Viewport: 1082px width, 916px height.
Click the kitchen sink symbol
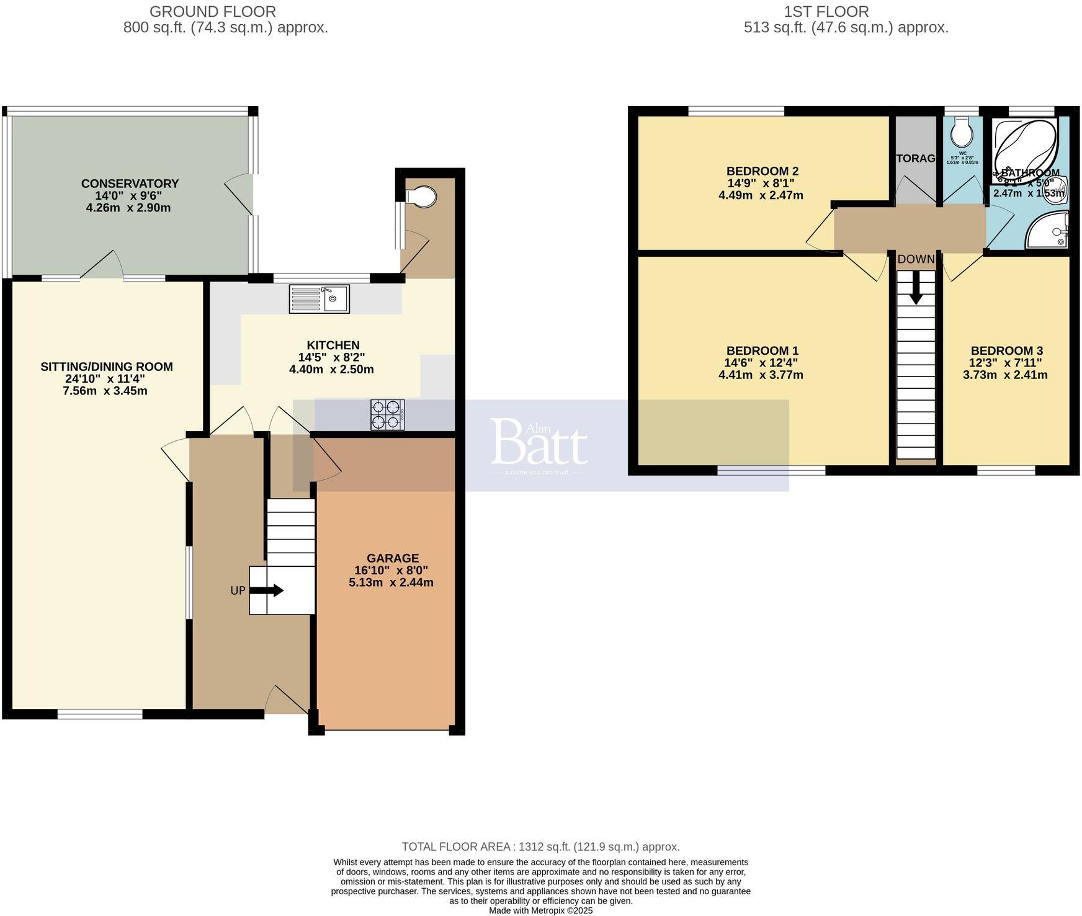tap(320, 298)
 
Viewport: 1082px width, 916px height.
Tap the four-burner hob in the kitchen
tap(388, 414)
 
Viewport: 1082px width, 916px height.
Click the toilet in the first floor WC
tap(962, 131)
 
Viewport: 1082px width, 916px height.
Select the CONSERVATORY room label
tap(130, 184)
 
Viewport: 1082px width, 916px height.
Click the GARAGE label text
tap(392, 558)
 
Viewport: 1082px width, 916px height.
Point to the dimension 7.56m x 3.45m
tap(105, 391)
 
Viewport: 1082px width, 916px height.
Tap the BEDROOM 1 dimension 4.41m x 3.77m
tap(761, 375)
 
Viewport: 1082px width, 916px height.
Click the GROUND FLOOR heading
tap(213, 11)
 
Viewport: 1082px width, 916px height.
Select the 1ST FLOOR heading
tap(826, 11)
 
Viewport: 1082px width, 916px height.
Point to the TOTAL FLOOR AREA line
tap(540, 847)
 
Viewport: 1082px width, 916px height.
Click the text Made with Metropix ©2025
tap(540, 910)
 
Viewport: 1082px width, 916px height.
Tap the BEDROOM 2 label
tap(762, 171)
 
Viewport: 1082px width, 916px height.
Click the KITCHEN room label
tap(333, 345)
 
